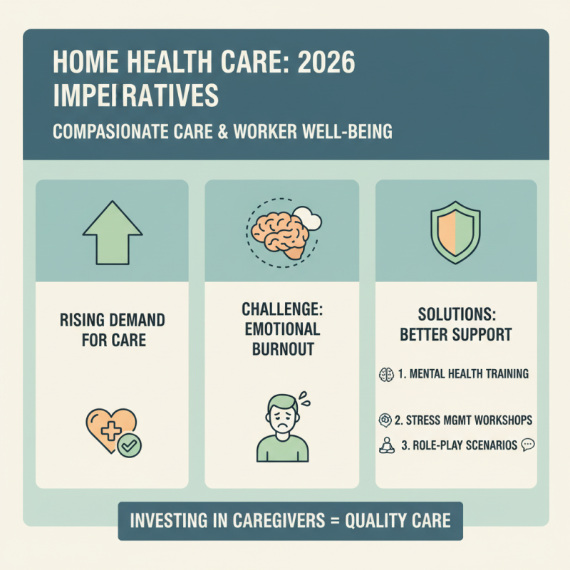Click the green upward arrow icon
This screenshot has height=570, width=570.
(112, 230)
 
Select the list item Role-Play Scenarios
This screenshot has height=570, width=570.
(460, 445)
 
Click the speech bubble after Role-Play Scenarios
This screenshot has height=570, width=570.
(528, 445)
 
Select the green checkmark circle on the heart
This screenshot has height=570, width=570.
(129, 444)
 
